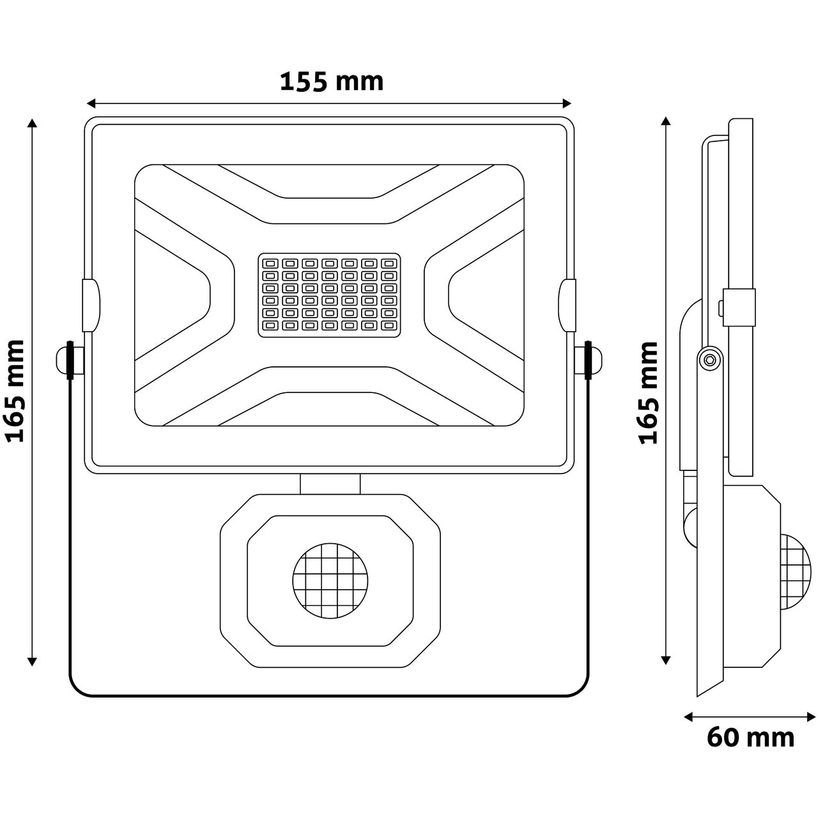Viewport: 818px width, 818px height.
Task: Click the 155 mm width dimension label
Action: pyautogui.click(x=332, y=82)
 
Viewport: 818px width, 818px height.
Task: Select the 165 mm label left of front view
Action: pyautogui.click(x=15, y=391)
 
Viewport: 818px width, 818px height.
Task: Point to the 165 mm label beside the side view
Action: pyautogui.click(x=649, y=392)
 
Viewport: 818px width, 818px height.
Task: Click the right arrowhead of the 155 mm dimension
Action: pyautogui.click(x=566, y=103)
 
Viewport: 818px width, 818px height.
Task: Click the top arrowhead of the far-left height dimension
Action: pyautogui.click(x=32, y=123)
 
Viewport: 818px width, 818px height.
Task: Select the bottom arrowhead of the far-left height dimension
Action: pyautogui.click(x=32, y=661)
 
